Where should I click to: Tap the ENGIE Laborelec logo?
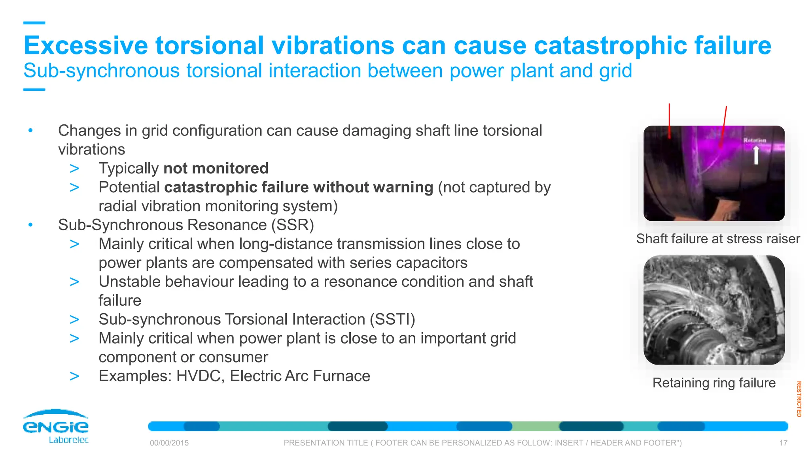[56, 427]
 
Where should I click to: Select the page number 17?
[783, 443]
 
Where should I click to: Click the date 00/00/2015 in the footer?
[169, 443]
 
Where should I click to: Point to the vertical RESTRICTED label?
[799, 399]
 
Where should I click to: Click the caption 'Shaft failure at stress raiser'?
[717, 239]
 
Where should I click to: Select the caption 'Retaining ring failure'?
[714, 383]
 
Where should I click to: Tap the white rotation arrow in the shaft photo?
[756, 155]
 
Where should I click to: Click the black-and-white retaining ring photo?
[714, 310]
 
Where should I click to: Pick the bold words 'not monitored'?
[216, 168]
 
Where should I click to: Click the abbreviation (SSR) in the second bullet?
[292, 225]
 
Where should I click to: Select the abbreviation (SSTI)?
[392, 319]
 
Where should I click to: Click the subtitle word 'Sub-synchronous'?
[101, 71]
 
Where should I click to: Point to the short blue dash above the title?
[34, 23]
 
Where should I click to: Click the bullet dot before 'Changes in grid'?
[30, 130]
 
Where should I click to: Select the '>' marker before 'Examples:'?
[74, 376]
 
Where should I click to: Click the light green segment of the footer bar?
[536, 427]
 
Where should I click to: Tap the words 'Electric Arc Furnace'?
[300, 376]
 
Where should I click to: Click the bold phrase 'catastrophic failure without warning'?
[299, 187]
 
